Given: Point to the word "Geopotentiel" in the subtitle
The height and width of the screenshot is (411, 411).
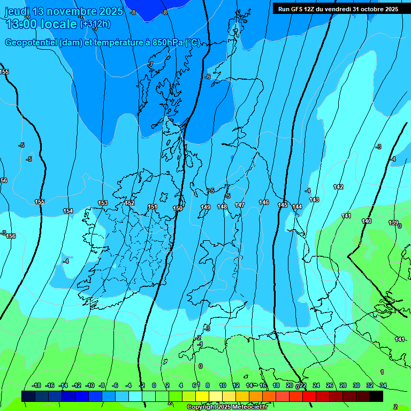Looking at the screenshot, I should pyautogui.click(x=31, y=43).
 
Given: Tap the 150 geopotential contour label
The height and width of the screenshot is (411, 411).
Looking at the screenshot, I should pyautogui.click(x=178, y=208).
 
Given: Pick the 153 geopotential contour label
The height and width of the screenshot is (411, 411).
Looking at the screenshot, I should pyautogui.click(x=103, y=203).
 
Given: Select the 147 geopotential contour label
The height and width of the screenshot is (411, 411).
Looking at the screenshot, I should pyautogui.click(x=240, y=205).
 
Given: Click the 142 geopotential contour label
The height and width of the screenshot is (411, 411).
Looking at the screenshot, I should pyautogui.click(x=338, y=187).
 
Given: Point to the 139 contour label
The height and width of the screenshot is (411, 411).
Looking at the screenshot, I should pyautogui.click(x=393, y=223).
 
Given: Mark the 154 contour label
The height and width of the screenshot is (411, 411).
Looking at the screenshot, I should pyautogui.click(x=68, y=211).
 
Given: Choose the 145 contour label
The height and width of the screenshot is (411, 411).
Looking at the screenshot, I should pyautogui.click(x=283, y=205).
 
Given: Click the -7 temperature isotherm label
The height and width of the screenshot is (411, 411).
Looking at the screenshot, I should pyautogui.click(x=151, y=64).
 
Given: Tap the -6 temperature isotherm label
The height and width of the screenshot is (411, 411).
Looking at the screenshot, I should pyautogui.click(x=208, y=77).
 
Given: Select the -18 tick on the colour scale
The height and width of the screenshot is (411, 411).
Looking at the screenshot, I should pyautogui.click(x=36, y=385).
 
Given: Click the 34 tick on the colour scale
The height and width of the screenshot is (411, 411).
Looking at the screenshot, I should pyautogui.click(x=383, y=385).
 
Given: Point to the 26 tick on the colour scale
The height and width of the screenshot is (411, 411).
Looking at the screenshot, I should pyautogui.click(x=330, y=385).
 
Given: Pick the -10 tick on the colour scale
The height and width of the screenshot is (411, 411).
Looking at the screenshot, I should pyautogui.click(x=89, y=385).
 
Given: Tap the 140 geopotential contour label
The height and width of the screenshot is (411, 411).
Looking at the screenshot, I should pyautogui.click(x=367, y=221).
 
